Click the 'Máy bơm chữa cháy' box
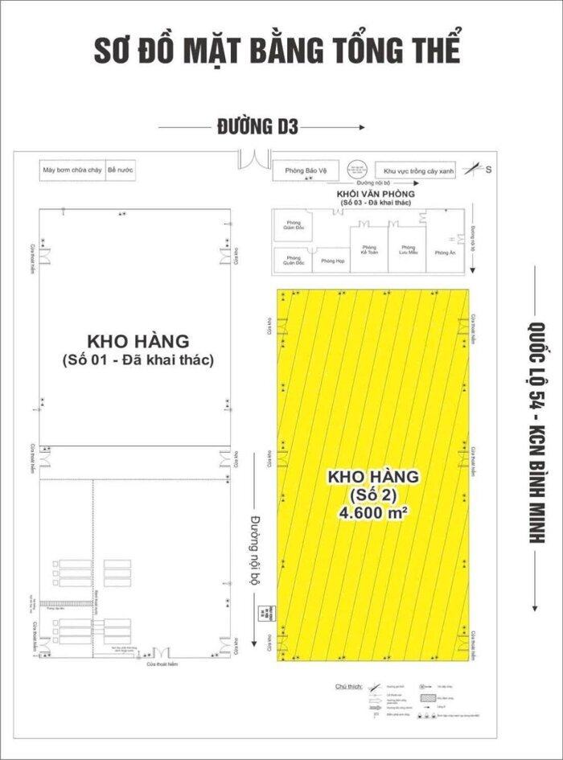coord(72,170)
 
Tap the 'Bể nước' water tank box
coord(119,170)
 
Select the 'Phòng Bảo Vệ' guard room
coord(305,171)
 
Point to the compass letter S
coord(488,170)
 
